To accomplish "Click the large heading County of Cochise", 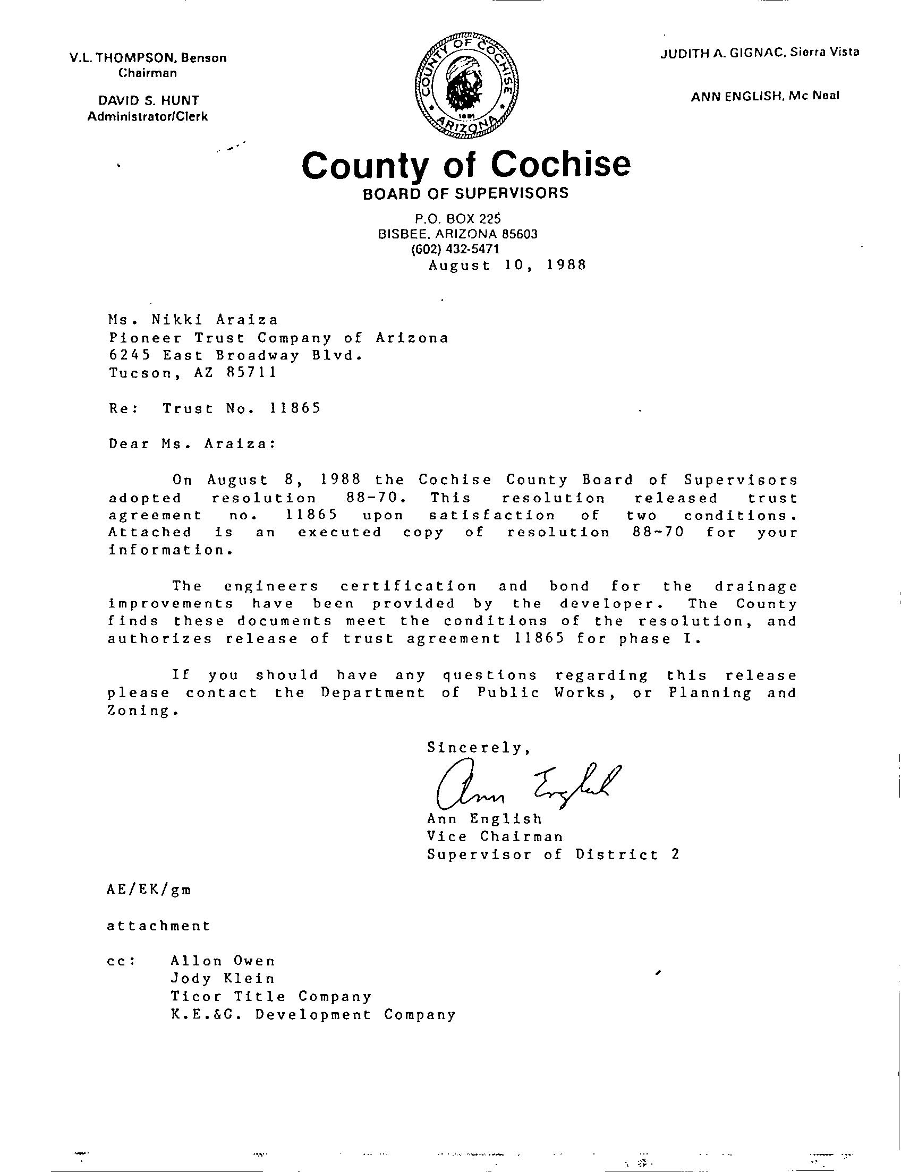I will click(466, 165).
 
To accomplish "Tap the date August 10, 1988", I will click(507, 266).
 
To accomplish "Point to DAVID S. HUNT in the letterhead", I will click(148, 100).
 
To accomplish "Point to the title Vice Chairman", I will click(495, 837).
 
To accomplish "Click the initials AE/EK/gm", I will click(149, 889).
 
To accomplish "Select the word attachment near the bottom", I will click(159, 926).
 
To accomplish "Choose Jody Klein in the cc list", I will click(223, 979).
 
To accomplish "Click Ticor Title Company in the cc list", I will click(271, 996).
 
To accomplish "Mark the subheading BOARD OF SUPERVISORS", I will click(465, 193).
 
